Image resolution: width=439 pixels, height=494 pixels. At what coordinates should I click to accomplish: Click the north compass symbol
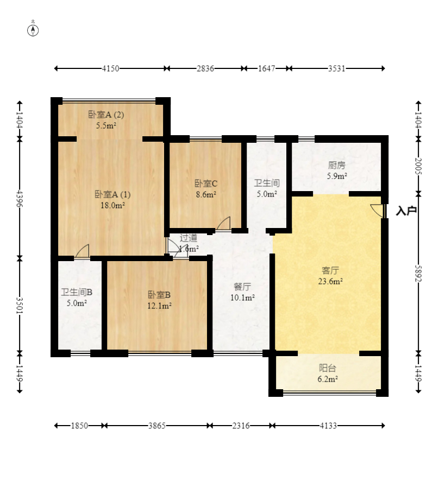[33, 30]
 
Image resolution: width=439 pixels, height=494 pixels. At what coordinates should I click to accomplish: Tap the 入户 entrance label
[406, 211]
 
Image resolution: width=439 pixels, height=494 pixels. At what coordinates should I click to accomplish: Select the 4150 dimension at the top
[110, 68]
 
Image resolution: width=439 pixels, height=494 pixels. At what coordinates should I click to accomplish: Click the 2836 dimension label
[205, 68]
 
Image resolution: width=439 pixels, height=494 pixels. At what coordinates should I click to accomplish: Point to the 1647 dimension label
[266, 68]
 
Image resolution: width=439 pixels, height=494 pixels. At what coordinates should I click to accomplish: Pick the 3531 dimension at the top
[336, 68]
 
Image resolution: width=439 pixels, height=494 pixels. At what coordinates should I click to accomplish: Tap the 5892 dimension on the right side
[418, 273]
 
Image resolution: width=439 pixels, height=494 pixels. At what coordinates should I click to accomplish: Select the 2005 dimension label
[418, 166]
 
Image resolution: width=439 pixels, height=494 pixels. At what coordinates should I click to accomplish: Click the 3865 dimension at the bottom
[156, 426]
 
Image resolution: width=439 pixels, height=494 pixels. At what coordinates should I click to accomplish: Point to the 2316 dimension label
[241, 426]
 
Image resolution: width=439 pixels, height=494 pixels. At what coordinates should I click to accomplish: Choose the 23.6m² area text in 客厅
[330, 281]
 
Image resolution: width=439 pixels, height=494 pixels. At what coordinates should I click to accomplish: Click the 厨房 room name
[336, 165]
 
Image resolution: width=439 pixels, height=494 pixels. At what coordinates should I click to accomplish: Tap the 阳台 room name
[328, 368]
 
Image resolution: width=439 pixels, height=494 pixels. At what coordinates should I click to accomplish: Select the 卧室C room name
[205, 183]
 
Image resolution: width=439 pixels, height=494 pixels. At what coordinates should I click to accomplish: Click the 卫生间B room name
[77, 293]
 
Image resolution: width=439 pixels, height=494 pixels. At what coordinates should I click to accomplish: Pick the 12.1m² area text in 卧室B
[159, 306]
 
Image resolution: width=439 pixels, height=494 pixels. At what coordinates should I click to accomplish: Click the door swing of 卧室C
[224, 223]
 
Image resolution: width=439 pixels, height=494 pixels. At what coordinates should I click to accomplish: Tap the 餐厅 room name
[242, 287]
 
